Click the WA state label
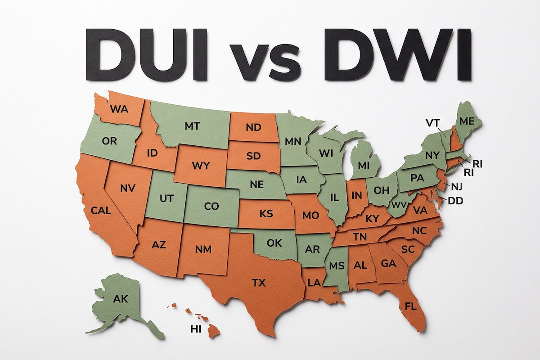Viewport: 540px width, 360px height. [x=119, y=109]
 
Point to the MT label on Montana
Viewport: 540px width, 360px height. [x=192, y=126]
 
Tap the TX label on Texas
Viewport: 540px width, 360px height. [x=259, y=283]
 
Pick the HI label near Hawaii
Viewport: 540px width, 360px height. [x=195, y=329]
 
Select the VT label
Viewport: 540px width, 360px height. [x=433, y=122]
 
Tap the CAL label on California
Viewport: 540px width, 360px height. [x=100, y=210]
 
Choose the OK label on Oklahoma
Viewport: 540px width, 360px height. [x=274, y=243]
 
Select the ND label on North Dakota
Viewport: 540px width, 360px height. [x=254, y=128]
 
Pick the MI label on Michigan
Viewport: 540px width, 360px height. [x=363, y=166]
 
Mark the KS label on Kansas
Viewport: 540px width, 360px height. [x=266, y=214]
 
